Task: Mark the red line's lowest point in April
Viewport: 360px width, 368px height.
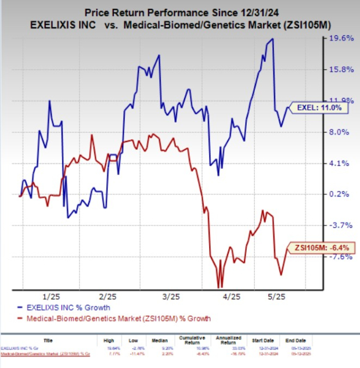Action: (x=219, y=287)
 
